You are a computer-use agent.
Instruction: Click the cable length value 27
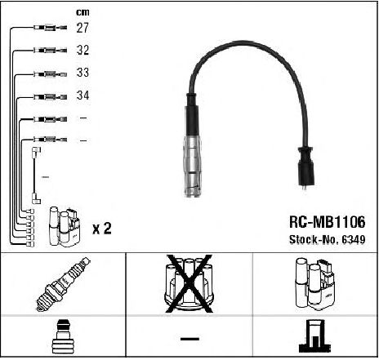[82, 28]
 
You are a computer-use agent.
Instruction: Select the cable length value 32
[82, 50]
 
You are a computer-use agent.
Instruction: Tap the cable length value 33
[82, 73]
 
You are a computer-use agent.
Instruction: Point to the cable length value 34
[82, 96]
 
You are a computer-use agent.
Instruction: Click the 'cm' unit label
[82, 12]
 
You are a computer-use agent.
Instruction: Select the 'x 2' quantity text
[102, 229]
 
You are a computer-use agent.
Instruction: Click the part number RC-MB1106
[327, 222]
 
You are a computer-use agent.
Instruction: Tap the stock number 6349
[353, 239]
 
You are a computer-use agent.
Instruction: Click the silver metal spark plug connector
[193, 166]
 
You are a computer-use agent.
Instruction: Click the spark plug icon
[64, 284]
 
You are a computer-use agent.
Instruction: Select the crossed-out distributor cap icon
[189, 284]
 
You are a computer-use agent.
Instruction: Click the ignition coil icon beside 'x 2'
[65, 227]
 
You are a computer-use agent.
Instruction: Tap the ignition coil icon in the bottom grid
[315, 284]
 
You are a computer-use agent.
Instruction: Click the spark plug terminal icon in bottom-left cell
[63, 336]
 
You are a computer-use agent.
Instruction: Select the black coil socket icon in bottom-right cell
[315, 336]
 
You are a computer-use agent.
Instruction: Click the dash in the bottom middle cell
[189, 339]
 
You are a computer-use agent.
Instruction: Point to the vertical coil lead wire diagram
[34, 176]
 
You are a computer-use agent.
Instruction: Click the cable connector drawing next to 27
[50, 28]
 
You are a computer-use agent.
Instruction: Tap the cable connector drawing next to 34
[50, 96]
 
